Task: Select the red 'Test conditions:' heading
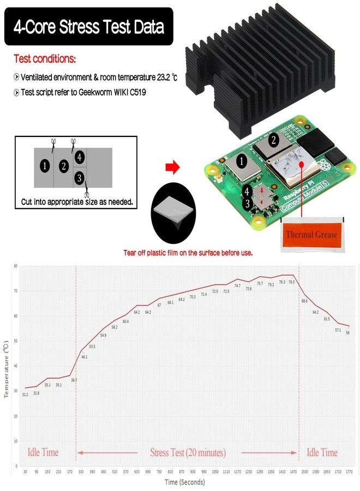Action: point(45,58)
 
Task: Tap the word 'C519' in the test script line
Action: point(136,93)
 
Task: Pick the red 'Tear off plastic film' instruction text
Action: point(188,253)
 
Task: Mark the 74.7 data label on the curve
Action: point(237,285)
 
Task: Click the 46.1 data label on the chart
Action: point(84,357)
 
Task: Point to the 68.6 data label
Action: point(304,301)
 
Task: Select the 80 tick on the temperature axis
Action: point(16,266)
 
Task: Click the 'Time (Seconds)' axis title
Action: point(185,482)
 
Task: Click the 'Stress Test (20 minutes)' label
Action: point(188,452)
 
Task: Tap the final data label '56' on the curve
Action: point(347,333)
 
